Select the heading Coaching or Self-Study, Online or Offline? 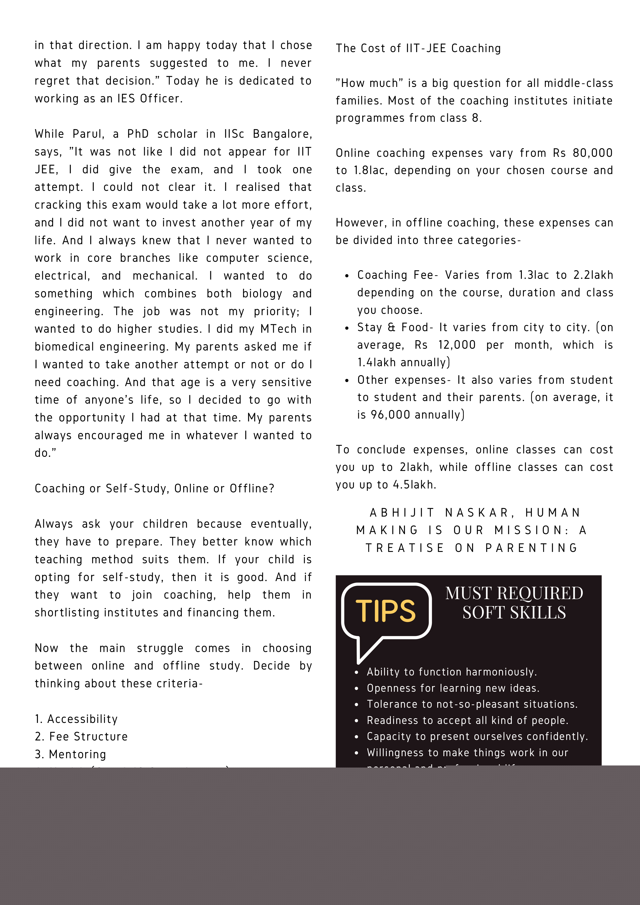point(154,489)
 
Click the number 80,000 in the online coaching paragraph point(592,153)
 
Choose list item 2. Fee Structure point(81,736)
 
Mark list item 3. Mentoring point(71,754)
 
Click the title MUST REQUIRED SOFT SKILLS point(514,603)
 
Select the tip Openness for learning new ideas point(453,688)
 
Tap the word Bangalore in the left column point(282,134)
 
